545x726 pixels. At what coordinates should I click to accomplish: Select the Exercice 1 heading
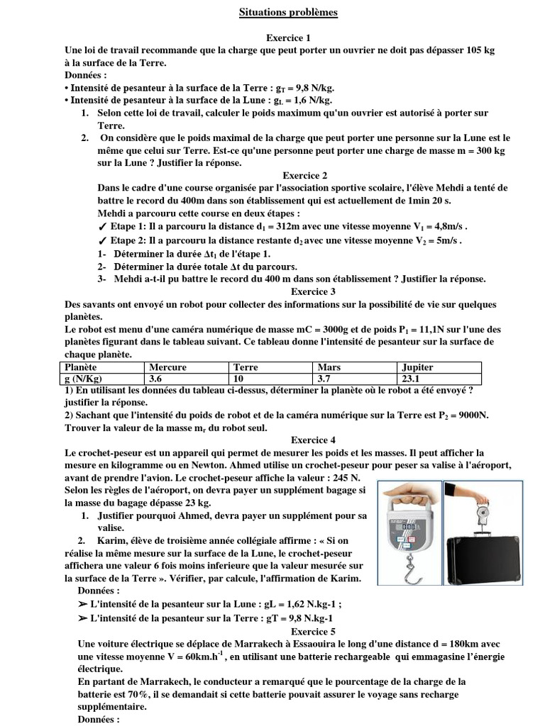pyautogui.click(x=288, y=38)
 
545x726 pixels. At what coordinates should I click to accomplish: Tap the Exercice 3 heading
pyautogui.click(x=311, y=291)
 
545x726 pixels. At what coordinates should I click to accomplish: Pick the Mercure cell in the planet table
pyautogui.click(x=168, y=367)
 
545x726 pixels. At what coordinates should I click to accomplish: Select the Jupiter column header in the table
pyautogui.click(x=417, y=367)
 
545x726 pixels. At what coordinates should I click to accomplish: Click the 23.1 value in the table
pyautogui.click(x=412, y=379)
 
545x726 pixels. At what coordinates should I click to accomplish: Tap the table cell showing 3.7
pyautogui.click(x=327, y=379)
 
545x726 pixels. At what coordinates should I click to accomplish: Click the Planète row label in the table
pyautogui.click(x=80, y=367)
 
